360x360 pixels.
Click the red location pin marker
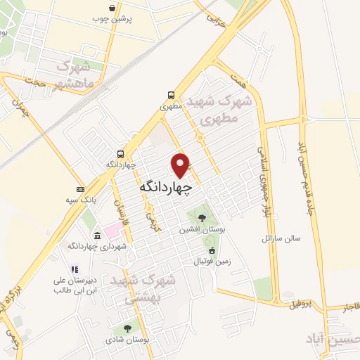pos(181,165)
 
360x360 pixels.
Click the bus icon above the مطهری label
pos(171,96)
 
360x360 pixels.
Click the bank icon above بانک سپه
pos(80,189)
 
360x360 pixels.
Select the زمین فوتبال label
pos(209,261)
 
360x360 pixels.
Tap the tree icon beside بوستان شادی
pos(127,328)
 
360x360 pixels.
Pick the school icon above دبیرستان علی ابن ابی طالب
pos(73,269)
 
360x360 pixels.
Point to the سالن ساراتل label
pos(281,238)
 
